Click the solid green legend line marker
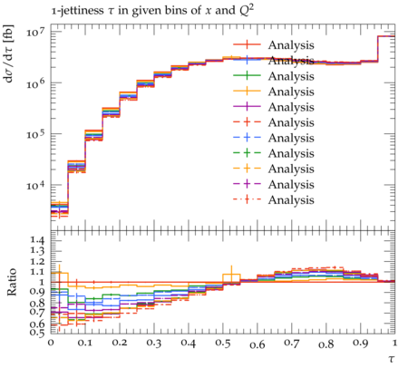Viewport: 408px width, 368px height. click(x=247, y=76)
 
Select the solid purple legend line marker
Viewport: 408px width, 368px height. click(x=247, y=107)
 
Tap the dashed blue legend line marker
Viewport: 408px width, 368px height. click(x=247, y=138)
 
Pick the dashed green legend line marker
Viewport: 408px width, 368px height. click(x=247, y=153)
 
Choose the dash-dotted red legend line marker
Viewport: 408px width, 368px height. click(x=247, y=199)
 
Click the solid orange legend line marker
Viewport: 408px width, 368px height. click(x=247, y=92)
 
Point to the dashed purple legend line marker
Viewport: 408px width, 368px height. click(x=247, y=184)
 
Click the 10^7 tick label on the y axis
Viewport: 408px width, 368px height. click(x=35, y=32)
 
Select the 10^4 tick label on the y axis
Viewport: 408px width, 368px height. click(x=35, y=185)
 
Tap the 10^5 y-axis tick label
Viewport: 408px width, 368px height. click(x=35, y=133)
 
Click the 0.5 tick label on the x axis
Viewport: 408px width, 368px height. click(x=223, y=344)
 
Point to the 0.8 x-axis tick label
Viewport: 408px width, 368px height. click(x=326, y=344)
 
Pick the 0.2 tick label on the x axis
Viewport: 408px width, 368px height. click(x=120, y=344)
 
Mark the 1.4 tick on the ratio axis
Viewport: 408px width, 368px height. click(x=37, y=241)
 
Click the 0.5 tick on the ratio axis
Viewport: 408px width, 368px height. click(x=37, y=333)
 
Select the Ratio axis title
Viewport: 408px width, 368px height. click(x=12, y=282)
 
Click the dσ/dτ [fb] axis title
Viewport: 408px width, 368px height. click(x=9, y=53)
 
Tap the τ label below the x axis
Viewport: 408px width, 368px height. click(x=392, y=359)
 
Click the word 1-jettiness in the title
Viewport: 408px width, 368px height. click(x=77, y=11)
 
